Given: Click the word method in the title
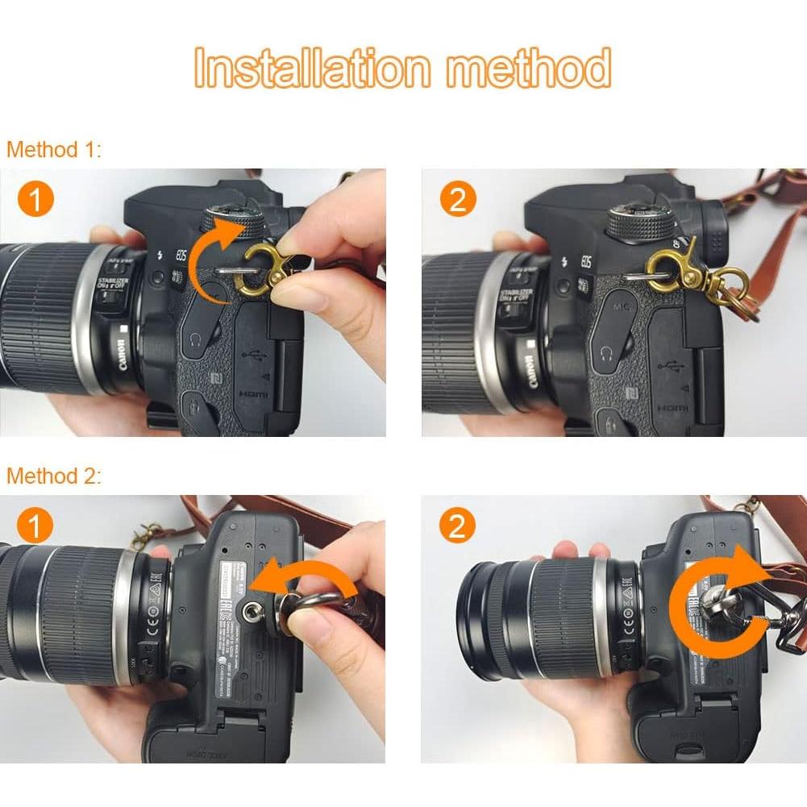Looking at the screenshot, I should (529, 68).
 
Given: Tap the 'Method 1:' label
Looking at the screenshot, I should (54, 149).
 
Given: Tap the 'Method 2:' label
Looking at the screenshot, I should (54, 476).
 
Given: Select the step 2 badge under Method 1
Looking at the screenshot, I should (457, 199).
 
